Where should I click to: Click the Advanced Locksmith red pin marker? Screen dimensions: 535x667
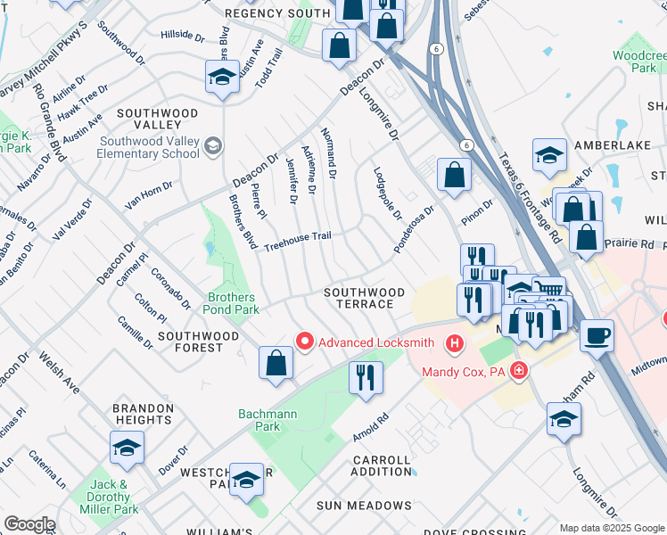click(x=305, y=342)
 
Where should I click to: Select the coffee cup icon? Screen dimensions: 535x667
click(x=597, y=336)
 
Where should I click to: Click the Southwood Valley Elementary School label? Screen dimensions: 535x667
click(x=149, y=147)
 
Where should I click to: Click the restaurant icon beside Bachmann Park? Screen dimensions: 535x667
click(x=366, y=376)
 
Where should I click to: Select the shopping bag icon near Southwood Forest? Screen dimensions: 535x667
click(x=276, y=363)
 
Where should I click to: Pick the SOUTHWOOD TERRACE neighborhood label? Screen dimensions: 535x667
click(x=364, y=298)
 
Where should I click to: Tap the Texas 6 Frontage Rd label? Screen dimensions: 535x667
click(x=530, y=198)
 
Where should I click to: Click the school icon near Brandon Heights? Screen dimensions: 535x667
click(x=127, y=448)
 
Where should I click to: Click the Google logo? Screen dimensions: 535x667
click(x=29, y=524)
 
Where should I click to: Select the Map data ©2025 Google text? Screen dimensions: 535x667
click(x=611, y=528)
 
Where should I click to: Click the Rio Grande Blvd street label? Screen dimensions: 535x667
click(x=48, y=120)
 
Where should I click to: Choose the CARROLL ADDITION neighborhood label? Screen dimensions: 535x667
click(x=382, y=465)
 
